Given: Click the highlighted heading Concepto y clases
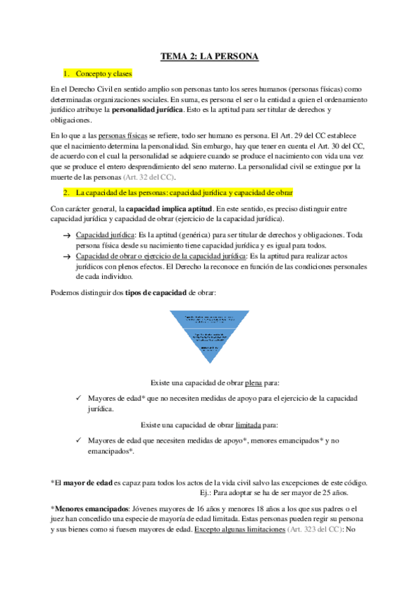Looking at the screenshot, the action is [104, 73].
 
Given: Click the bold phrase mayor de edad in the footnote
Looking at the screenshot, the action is [92, 483].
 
